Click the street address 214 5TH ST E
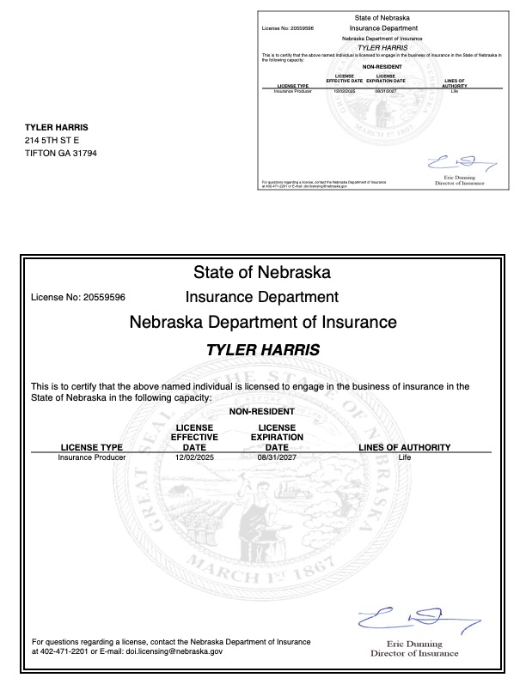[52, 140]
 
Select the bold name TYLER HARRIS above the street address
[57, 127]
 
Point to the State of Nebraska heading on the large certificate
[262, 274]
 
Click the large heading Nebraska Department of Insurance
[262, 323]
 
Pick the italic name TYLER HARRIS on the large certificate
[262, 351]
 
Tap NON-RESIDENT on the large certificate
[262, 412]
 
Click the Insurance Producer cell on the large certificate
[92, 458]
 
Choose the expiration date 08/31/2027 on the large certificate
[276, 458]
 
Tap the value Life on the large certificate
[406, 458]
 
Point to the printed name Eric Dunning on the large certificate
[414, 644]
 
